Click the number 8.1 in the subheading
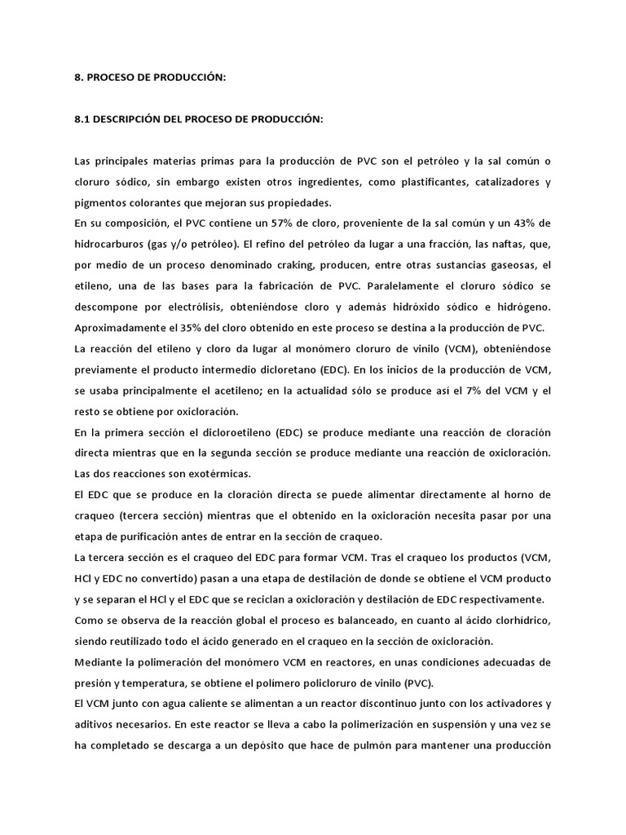tap(82, 120)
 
